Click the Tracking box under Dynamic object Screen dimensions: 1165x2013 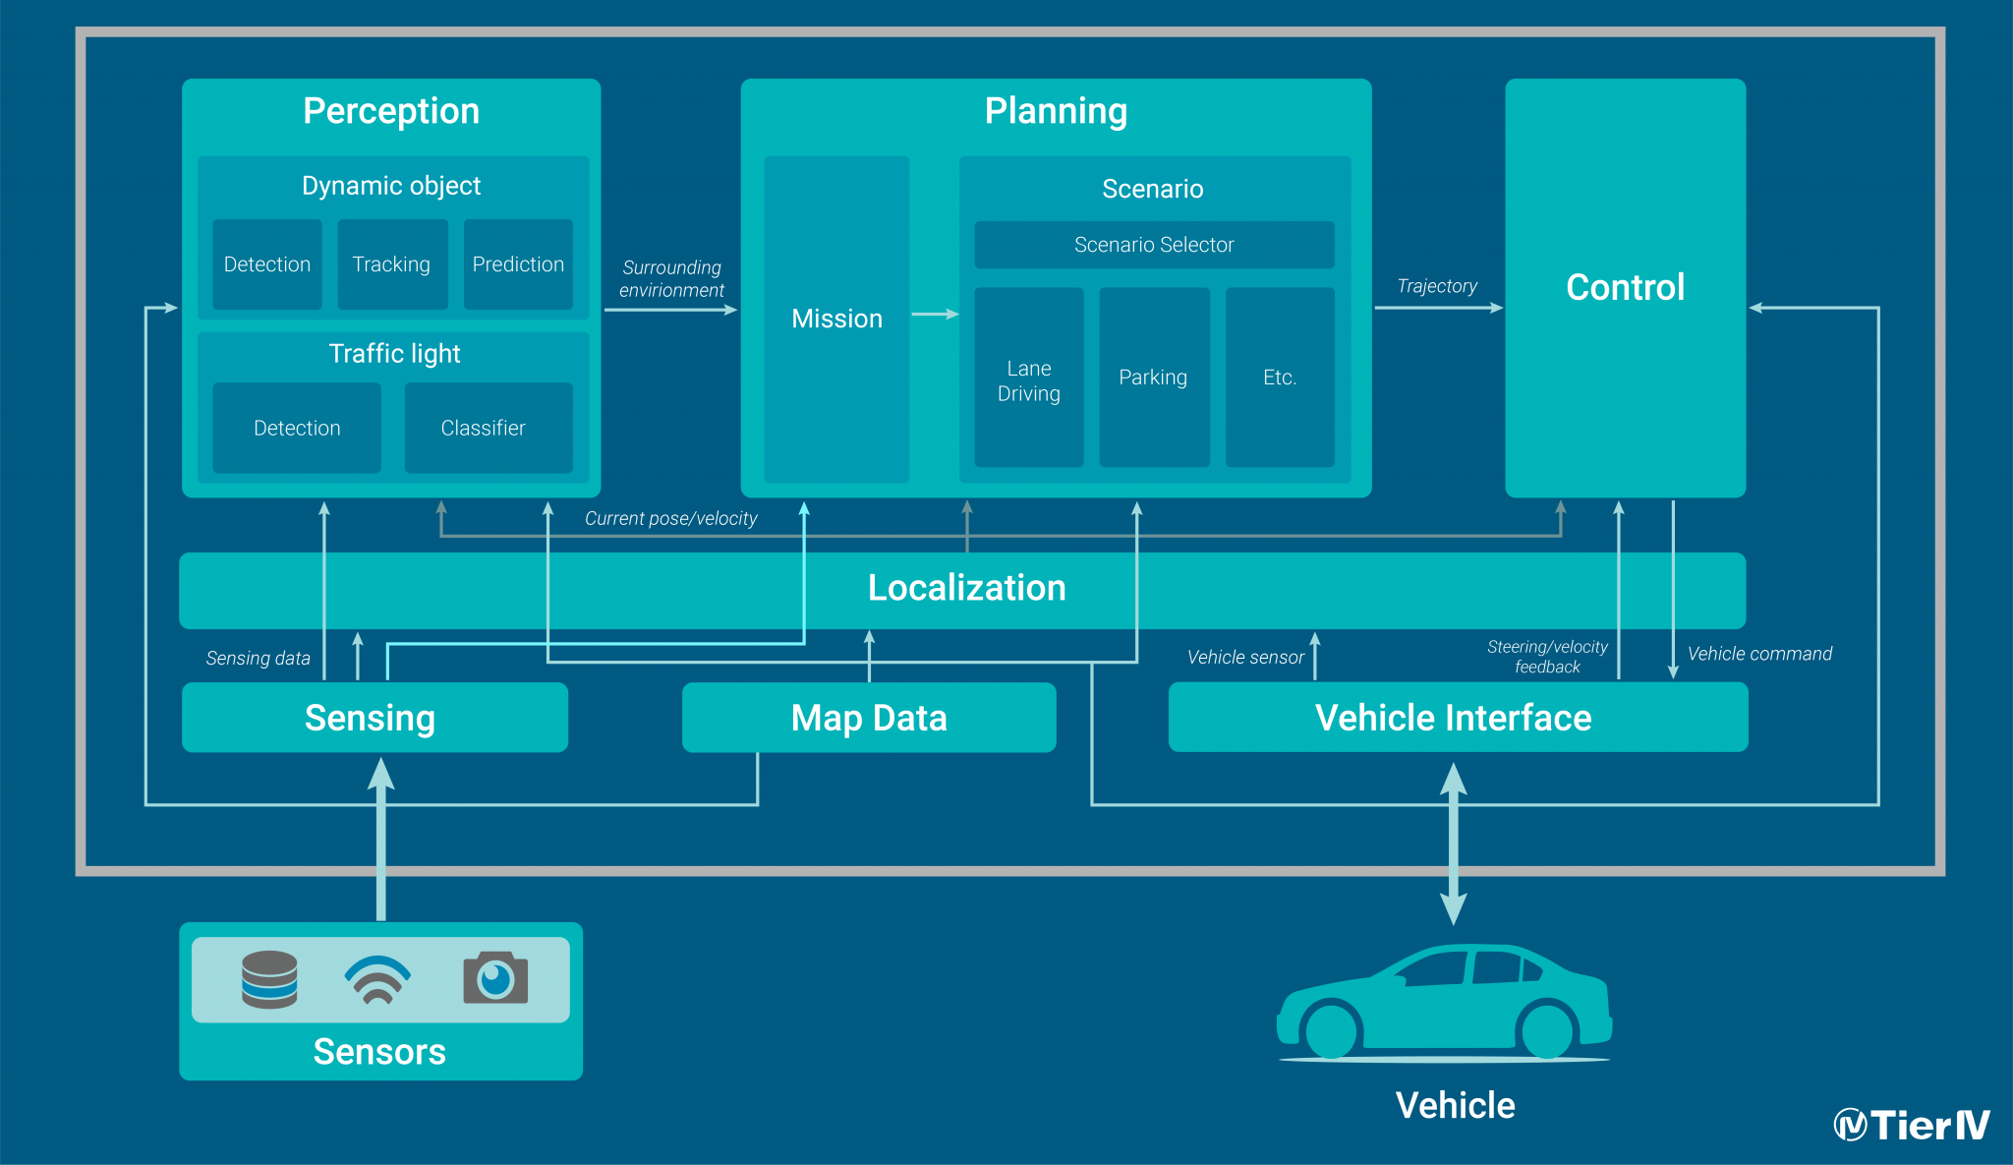point(391,264)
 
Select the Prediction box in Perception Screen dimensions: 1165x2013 point(518,264)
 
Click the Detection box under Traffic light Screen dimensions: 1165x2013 point(297,428)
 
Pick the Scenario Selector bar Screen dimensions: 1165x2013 point(1154,245)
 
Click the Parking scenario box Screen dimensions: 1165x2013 point(1153,378)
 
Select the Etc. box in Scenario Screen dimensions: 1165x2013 point(1280,378)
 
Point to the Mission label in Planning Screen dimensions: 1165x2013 point(836,319)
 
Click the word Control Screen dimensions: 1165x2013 point(1625,287)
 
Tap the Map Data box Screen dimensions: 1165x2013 point(869,718)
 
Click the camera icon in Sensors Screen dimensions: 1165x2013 point(495,978)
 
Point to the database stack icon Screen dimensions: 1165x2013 point(269,979)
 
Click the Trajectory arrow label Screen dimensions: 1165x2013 point(1437,286)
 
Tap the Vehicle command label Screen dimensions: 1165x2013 point(1759,654)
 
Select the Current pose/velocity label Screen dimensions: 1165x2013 point(670,518)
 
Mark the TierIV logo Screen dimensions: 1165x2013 point(1911,1125)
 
